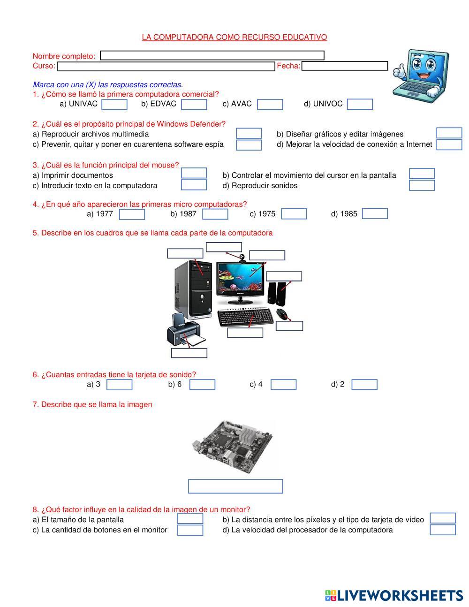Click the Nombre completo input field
point(212,55)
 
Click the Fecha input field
point(345,66)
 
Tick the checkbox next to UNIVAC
point(114,104)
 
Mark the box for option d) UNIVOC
point(360,104)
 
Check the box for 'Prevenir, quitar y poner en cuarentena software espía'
point(249,144)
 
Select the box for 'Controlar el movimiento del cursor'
point(422,174)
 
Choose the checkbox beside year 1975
point(294,214)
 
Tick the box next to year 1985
point(375,213)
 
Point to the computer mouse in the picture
point(281,313)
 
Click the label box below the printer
point(189,353)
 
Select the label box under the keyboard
point(245,333)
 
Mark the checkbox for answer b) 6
point(202,385)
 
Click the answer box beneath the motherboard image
point(235,486)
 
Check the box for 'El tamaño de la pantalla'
point(190,518)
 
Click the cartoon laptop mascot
point(420,74)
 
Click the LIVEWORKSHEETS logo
point(394,595)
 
